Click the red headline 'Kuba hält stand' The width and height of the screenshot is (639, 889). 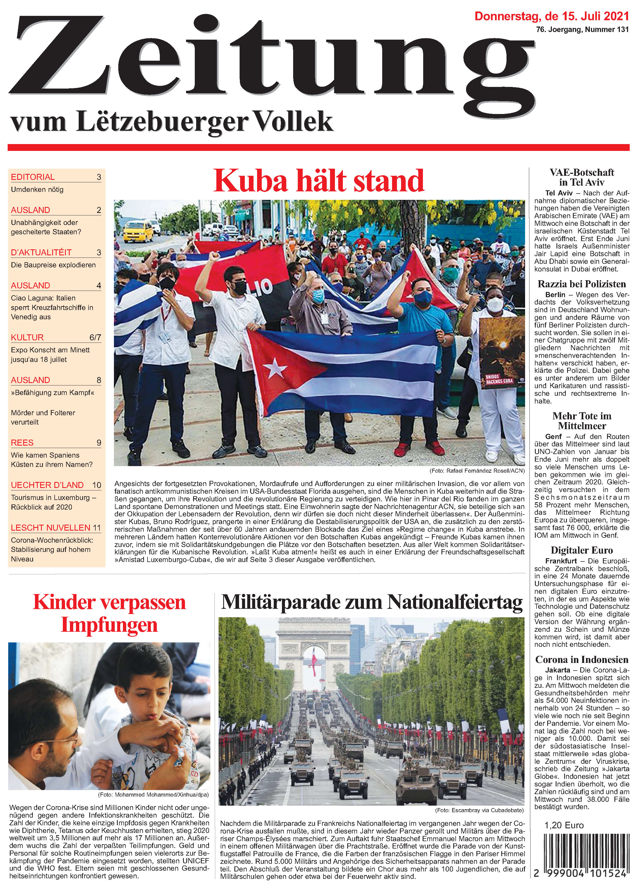(x=319, y=181)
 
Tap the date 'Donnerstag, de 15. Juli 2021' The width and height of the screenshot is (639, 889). (x=552, y=16)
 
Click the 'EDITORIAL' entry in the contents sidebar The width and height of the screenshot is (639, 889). (x=33, y=177)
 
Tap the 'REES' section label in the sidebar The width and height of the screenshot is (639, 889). (x=22, y=443)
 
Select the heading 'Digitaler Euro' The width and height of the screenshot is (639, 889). (x=582, y=550)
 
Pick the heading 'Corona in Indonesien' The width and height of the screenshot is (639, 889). (x=582, y=659)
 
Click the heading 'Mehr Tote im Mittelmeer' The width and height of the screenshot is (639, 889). (x=582, y=421)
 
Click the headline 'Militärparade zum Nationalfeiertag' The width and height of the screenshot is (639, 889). (x=372, y=603)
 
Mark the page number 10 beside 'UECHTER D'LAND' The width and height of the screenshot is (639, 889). (x=96, y=485)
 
